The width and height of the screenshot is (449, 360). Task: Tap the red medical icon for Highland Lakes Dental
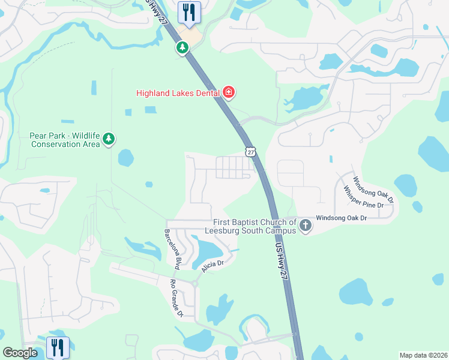(x=228, y=92)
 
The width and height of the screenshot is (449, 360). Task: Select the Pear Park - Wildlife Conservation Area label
(x=65, y=140)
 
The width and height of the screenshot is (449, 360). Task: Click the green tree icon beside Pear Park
(x=109, y=139)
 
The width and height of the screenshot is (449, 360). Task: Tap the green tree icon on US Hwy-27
(x=182, y=47)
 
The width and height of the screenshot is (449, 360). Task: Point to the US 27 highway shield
(x=250, y=151)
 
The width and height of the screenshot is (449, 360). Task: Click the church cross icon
(x=306, y=226)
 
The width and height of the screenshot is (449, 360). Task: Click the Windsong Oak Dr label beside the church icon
(x=341, y=218)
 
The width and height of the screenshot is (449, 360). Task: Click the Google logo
(x=20, y=353)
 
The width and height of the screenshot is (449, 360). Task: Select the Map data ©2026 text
(x=423, y=355)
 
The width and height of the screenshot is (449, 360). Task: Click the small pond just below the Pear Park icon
(x=125, y=158)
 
